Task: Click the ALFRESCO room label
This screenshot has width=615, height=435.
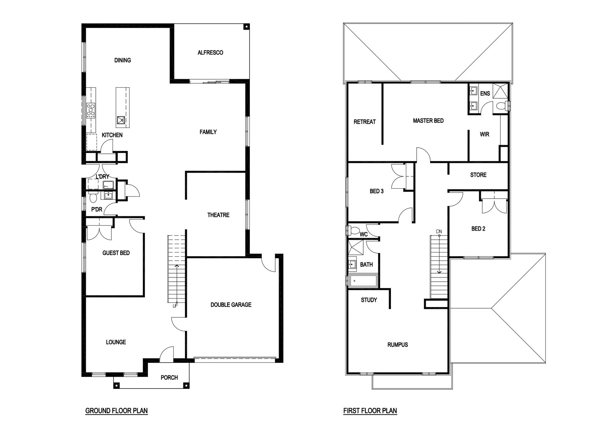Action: coord(210,52)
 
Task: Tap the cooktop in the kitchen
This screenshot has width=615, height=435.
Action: coord(91,110)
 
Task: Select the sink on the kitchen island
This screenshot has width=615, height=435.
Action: coord(121,120)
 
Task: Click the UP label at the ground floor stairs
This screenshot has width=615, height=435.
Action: coord(175,306)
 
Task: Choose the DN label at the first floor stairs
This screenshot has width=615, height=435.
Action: coord(439,231)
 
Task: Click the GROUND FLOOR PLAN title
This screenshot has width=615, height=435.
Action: coord(116,411)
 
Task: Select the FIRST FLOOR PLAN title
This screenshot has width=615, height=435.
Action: coord(370,411)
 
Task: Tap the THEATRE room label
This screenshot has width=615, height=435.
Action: coord(218,215)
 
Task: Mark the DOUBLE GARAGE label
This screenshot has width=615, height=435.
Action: coord(231,305)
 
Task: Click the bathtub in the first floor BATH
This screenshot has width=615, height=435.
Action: coord(363,281)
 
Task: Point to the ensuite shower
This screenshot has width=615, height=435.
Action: coord(500,91)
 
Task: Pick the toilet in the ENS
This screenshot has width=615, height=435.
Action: coord(502,106)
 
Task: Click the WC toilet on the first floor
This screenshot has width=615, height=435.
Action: coord(354,230)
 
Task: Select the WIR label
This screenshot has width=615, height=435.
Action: coord(484,134)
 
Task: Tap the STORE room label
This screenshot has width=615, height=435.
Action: coord(478,175)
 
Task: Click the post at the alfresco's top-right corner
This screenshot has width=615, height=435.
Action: coord(246,27)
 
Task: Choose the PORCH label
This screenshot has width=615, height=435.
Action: coord(169,378)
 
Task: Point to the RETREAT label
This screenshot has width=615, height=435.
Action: coord(365,121)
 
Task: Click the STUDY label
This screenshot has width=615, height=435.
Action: coord(369,300)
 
